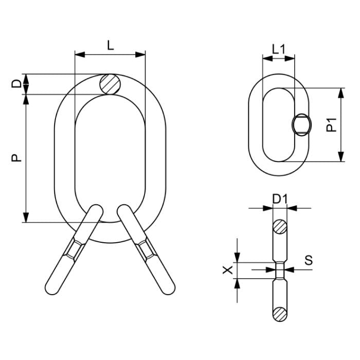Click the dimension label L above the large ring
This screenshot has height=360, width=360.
click(110, 45)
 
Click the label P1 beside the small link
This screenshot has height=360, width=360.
click(332, 125)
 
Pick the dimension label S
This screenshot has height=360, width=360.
click(308, 260)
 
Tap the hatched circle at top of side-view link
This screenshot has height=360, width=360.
click(280, 226)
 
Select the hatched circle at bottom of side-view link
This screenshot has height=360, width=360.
click(280, 313)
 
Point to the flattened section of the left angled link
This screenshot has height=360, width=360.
click(73, 249)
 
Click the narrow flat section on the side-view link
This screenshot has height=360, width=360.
click(280, 269)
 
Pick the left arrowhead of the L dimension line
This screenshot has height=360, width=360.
click(78, 54)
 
